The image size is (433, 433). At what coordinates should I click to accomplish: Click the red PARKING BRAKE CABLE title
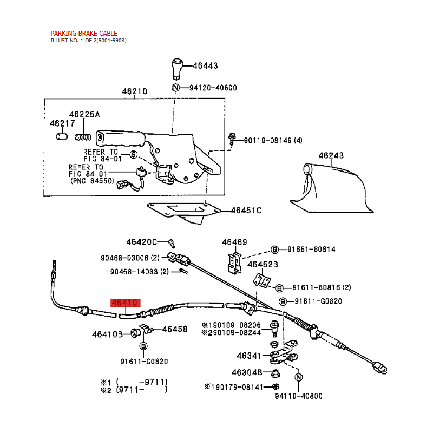tap(84, 34)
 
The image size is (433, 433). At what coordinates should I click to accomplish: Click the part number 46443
tap(205, 65)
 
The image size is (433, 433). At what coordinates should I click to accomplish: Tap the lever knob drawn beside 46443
tap(178, 69)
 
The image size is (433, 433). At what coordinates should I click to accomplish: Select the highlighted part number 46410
tap(126, 303)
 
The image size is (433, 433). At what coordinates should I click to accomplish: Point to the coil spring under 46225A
tap(83, 137)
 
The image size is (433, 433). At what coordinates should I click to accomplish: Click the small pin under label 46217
tap(62, 136)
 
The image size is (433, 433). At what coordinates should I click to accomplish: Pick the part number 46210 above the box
tap(134, 91)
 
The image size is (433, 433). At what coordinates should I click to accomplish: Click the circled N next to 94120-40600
tap(175, 88)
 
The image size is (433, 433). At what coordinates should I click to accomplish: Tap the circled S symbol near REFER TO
tap(133, 155)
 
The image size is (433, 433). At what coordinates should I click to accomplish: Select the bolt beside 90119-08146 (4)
tap(232, 139)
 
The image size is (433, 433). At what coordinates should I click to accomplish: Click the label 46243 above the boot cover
tap(331, 155)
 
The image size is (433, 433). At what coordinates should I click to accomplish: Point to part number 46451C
tap(246, 211)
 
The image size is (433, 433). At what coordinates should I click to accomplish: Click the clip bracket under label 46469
tap(234, 263)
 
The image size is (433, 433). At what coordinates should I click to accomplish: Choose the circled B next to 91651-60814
tap(274, 250)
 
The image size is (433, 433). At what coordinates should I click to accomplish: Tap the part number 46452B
tap(263, 265)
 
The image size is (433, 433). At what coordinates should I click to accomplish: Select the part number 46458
tap(175, 329)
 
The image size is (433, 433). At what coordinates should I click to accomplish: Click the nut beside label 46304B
tap(275, 373)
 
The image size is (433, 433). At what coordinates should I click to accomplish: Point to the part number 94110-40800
tap(299, 396)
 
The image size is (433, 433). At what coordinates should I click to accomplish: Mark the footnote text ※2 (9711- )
tap(134, 390)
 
